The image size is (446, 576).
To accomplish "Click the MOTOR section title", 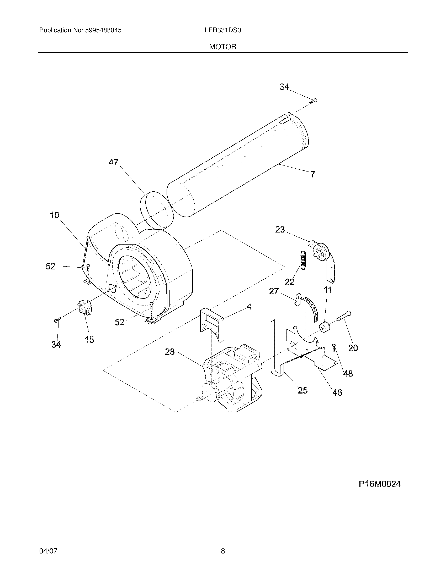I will coord(223,47).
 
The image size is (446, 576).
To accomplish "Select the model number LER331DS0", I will coord(223,30).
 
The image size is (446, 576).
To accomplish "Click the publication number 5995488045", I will coord(103,30).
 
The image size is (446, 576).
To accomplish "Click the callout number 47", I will coord(114,162).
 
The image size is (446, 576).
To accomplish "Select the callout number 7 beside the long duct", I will coord(312,174).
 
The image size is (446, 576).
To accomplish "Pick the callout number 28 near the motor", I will coord(170,352).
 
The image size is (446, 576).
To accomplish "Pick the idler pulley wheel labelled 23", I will coord(321,252).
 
